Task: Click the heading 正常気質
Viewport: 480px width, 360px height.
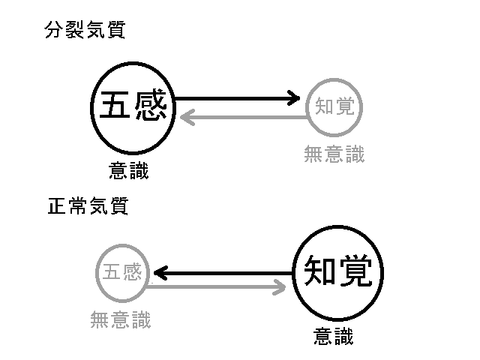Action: pyautogui.click(x=88, y=206)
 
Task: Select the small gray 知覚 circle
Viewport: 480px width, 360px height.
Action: pyautogui.click(x=334, y=106)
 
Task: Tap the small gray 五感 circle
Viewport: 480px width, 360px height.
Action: pyautogui.click(x=121, y=272)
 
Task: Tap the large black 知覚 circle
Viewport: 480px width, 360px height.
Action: pyautogui.click(x=337, y=271)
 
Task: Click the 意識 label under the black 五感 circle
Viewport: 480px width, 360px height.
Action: pyautogui.click(x=128, y=172)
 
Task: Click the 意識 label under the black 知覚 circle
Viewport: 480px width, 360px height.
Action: pyautogui.click(x=333, y=337)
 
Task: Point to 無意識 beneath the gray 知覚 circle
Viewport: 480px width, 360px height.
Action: pyautogui.click(x=334, y=154)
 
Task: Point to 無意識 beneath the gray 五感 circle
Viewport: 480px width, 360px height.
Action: pyautogui.click(x=120, y=320)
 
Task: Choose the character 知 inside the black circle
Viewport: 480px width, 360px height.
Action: pyautogui.click(x=319, y=271)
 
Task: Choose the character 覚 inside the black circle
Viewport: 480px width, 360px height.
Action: pyautogui.click(x=355, y=271)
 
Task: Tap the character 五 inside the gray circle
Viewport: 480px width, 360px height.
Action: pyautogui.click(x=110, y=272)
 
